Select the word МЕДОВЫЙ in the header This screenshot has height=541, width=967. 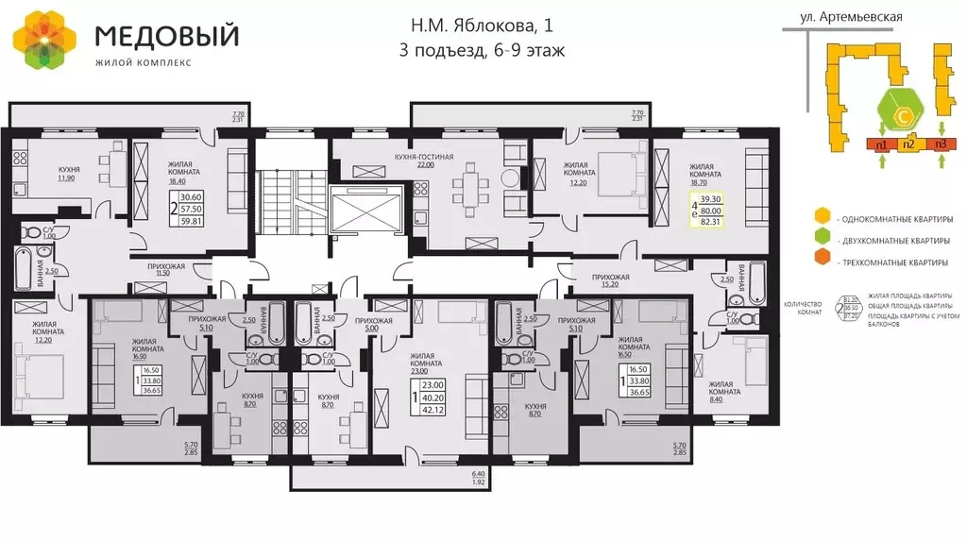[167, 36]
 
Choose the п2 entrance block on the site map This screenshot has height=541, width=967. [908, 145]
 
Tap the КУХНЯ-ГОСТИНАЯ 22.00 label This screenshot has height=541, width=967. [424, 161]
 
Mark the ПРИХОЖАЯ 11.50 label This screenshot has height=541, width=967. [165, 271]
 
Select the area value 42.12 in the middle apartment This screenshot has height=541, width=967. [433, 409]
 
